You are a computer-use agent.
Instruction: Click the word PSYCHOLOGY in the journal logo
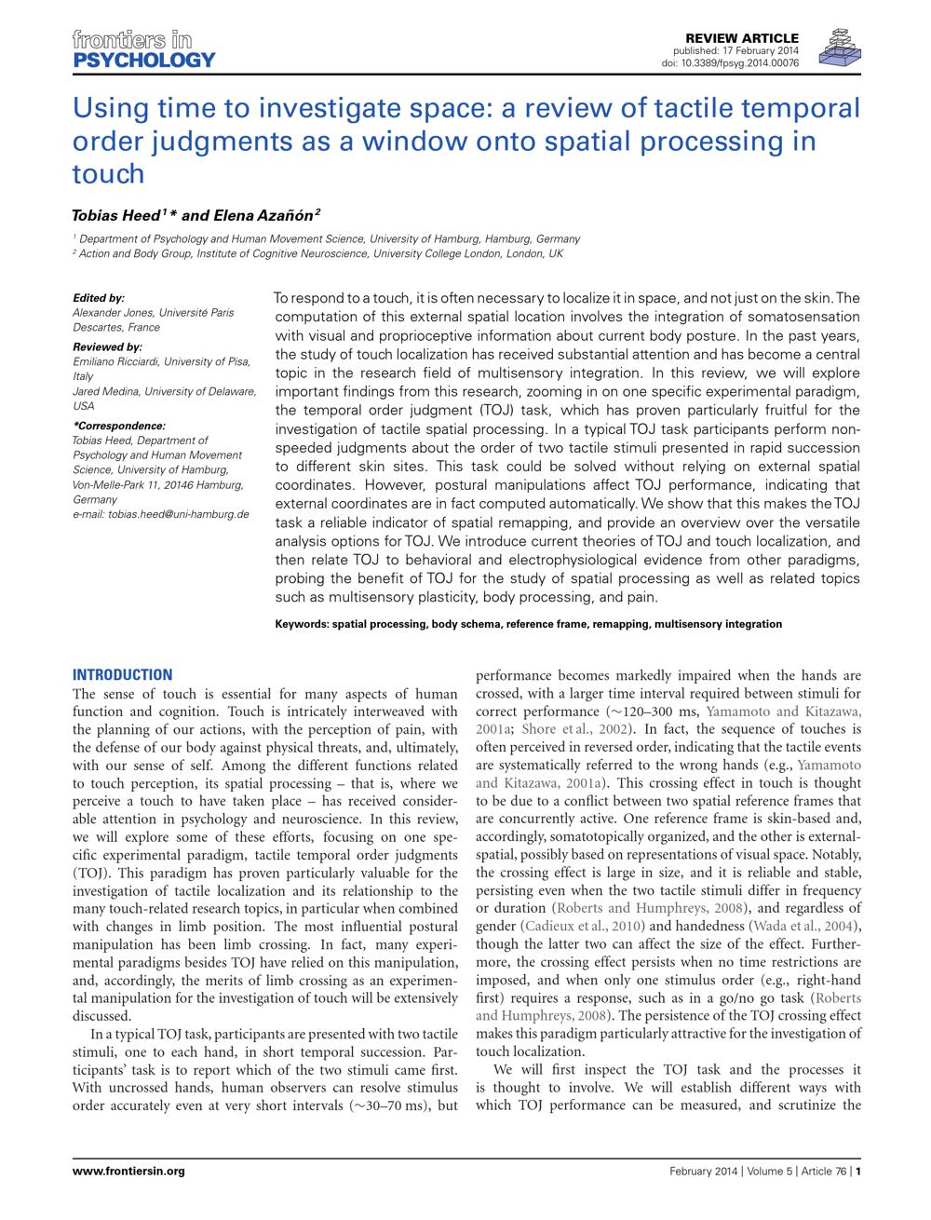143,61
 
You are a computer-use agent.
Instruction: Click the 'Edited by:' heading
99,299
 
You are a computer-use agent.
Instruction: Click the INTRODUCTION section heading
122,675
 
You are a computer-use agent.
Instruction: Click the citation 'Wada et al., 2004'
804,926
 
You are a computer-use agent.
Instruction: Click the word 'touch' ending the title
108,174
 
